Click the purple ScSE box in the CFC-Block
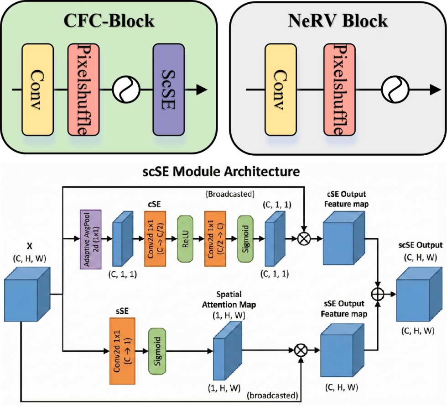point(168,90)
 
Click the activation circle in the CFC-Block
point(123,90)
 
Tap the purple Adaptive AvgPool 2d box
point(90,238)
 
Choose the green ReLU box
point(185,238)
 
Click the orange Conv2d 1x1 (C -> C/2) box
point(156,238)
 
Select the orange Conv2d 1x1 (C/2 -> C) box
point(215,238)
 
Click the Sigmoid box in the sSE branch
point(157,351)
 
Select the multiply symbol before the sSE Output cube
point(300,351)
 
